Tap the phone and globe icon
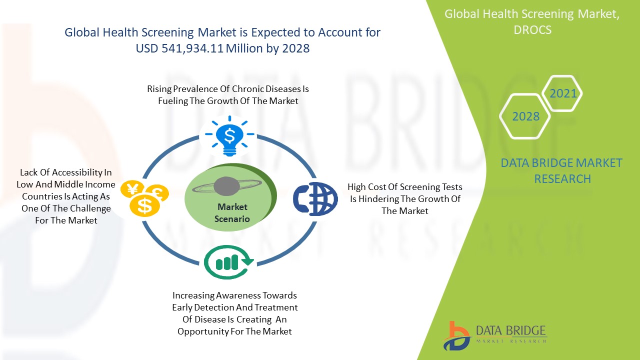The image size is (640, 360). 315,199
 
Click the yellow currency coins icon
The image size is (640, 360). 145,197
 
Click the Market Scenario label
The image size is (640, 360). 232,212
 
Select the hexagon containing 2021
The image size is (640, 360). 563,93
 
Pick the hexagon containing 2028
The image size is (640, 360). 525,116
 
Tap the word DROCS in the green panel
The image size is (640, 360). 532,30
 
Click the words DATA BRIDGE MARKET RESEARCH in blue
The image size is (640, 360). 562,170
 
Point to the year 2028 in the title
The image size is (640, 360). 295,48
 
